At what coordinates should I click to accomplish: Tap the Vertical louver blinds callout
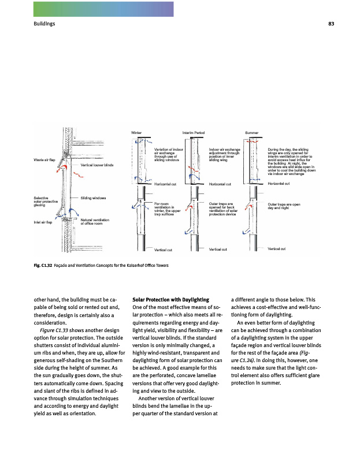97,165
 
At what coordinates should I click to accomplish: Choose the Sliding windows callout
94,198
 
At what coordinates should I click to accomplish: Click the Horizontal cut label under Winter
165,184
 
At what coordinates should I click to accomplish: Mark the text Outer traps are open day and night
284,206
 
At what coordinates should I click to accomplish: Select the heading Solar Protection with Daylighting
170,300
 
